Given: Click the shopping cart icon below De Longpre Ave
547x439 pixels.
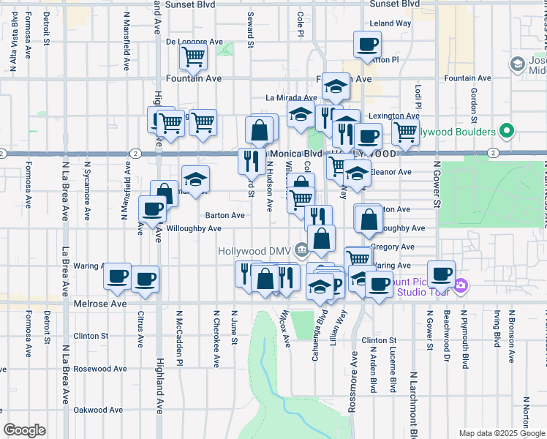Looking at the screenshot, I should click(193, 56).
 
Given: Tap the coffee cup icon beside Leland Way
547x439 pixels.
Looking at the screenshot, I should click(366, 44).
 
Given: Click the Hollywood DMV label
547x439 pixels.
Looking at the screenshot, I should click(254, 251).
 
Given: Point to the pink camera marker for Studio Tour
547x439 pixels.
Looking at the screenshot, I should click(460, 285).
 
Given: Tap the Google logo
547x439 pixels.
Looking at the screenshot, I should click(24, 430).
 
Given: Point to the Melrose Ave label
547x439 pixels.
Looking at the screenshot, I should click(100, 303).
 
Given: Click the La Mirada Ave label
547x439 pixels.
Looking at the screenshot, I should click(291, 97).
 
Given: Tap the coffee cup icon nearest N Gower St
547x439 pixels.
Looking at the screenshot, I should click(441, 273).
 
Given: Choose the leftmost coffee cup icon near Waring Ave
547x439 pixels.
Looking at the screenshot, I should click(118, 276).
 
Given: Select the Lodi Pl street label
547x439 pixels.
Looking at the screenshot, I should click(419, 98).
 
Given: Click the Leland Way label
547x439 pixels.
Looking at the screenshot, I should click(391, 23).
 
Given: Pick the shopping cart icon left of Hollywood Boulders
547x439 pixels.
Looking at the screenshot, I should click(404, 132).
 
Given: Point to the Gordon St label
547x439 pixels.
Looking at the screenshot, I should click(474, 104).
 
